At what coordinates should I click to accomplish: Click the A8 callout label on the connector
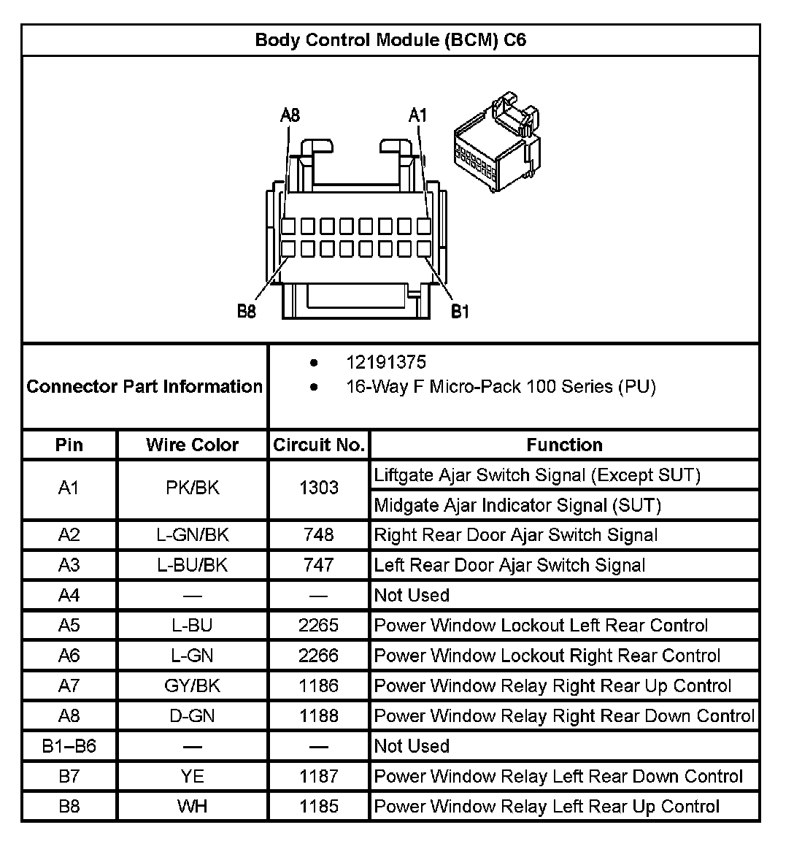[x=290, y=115]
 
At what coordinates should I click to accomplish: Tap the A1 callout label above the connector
[x=417, y=115]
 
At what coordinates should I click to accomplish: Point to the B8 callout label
[x=247, y=312]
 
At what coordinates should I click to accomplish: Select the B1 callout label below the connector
[x=460, y=312]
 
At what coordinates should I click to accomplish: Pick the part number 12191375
[x=386, y=363]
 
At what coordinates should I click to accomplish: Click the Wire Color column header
[x=192, y=445]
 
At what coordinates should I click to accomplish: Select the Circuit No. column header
[x=319, y=445]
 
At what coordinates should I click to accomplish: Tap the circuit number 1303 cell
[x=319, y=488]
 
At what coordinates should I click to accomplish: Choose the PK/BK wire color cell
[x=192, y=488]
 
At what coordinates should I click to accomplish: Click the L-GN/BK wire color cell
[x=192, y=535]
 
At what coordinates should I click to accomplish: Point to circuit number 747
[x=319, y=565]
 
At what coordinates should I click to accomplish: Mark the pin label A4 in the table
[x=69, y=595]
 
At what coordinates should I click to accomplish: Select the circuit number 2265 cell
[x=319, y=626]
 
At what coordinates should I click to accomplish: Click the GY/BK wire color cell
[x=192, y=686]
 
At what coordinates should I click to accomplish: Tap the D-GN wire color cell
[x=192, y=716]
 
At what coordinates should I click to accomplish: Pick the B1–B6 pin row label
[x=69, y=746]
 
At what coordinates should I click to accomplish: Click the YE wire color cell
[x=192, y=776]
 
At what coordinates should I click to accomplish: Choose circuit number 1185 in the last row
[x=319, y=807]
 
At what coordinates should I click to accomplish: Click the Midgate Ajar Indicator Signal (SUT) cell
[x=517, y=505]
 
